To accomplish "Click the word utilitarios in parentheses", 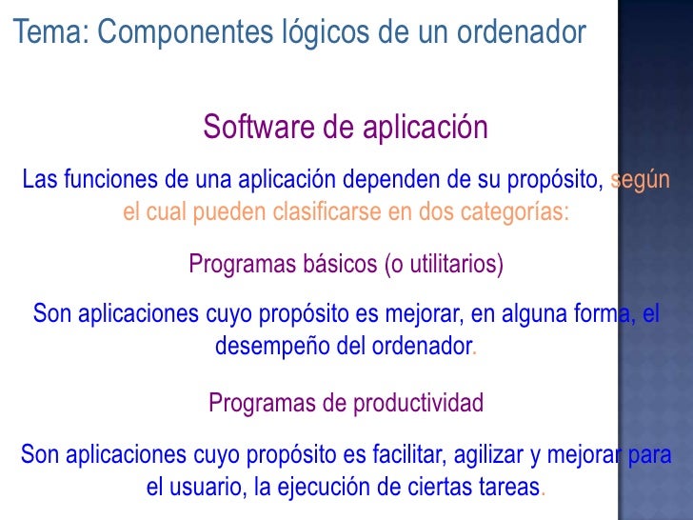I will [x=448, y=264].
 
